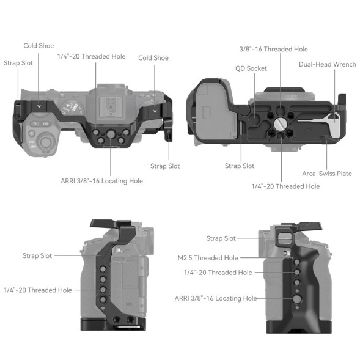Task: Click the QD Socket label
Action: [251, 68]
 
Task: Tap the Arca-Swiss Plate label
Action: [327, 174]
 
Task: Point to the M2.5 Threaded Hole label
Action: [208, 258]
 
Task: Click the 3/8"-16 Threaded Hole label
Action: [273, 49]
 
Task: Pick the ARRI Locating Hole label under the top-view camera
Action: [101, 181]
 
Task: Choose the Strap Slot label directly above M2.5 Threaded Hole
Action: [221, 238]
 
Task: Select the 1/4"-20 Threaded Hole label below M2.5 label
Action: [218, 273]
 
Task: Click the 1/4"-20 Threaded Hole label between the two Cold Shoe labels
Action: [91, 56]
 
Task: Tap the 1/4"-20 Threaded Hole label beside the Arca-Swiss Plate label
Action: [285, 186]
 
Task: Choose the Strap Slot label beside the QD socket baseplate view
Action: [240, 166]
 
